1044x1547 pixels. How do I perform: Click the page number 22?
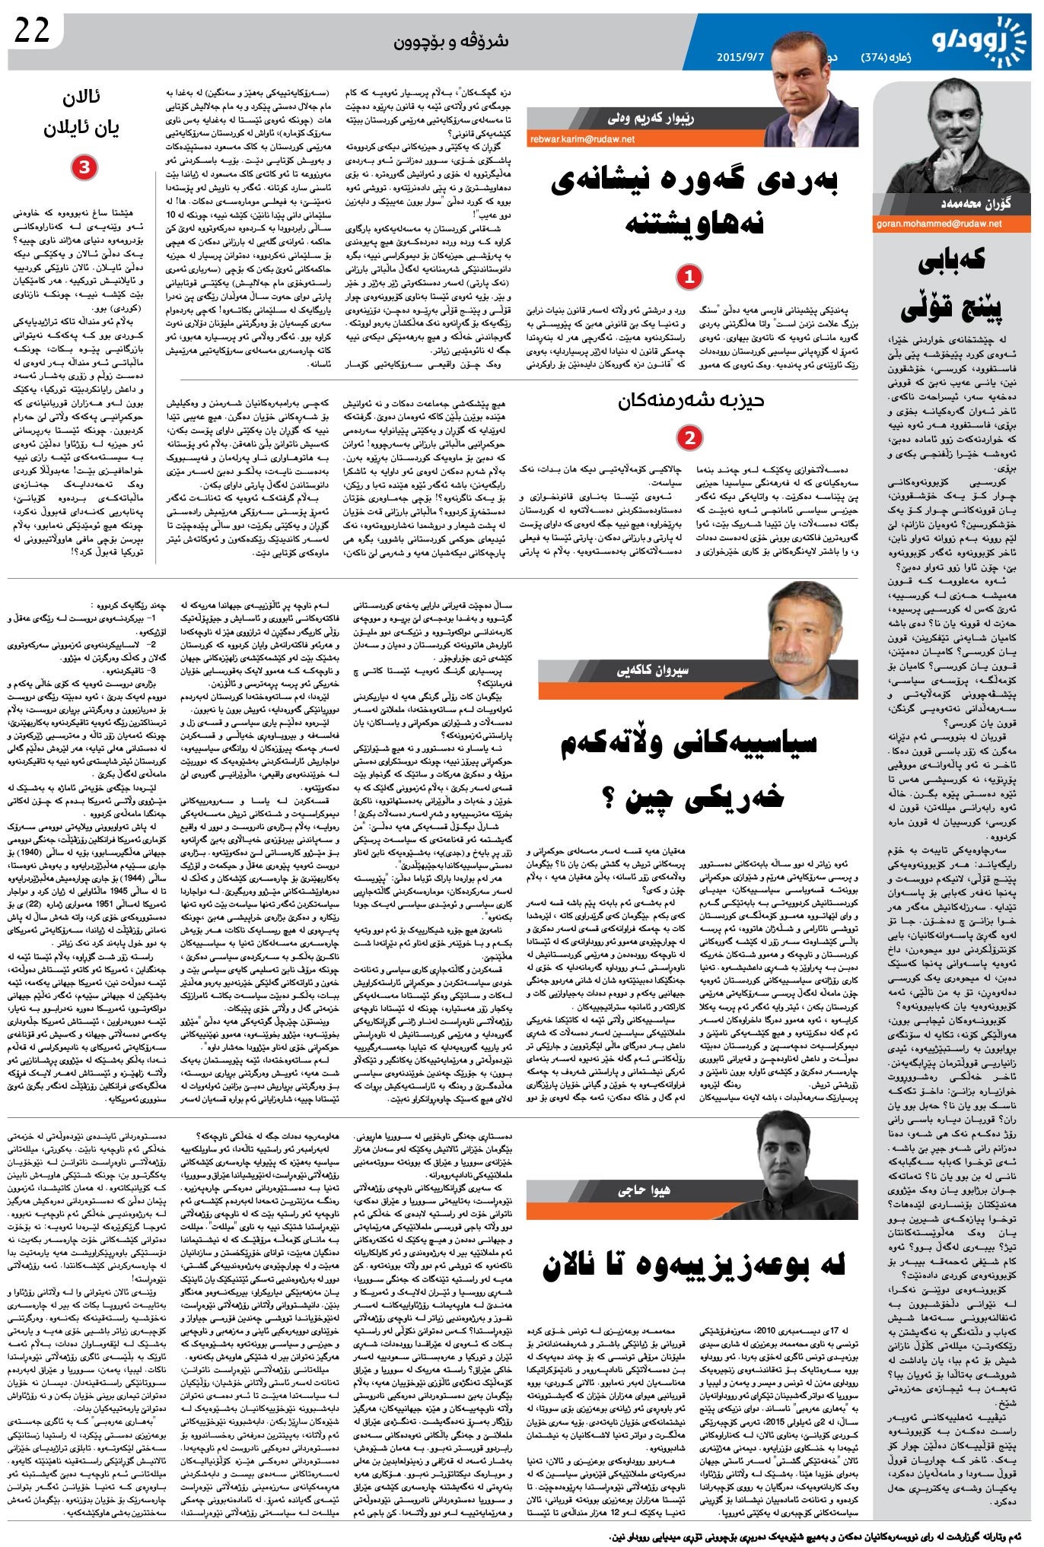(32, 30)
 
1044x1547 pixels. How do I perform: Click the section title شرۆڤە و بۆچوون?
(450, 41)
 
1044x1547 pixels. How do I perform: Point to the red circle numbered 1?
(689, 277)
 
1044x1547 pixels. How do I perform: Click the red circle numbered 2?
(689, 437)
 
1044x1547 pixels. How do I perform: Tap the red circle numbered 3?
(84, 167)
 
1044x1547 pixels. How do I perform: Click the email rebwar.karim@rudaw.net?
(582, 139)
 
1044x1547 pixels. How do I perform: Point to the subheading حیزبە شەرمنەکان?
(690, 401)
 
